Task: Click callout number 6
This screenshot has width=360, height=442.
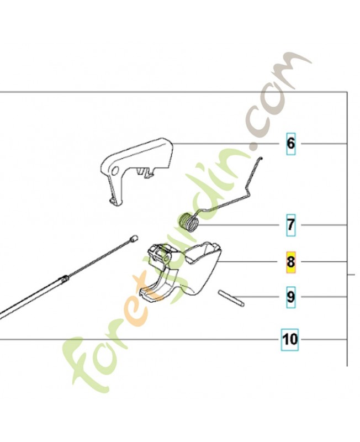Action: [x=290, y=144]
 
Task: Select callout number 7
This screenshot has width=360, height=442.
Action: [x=290, y=225]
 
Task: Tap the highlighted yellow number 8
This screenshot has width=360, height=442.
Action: [x=290, y=262]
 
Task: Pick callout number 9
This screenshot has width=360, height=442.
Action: [x=290, y=297]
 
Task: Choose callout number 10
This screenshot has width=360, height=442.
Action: [x=290, y=339]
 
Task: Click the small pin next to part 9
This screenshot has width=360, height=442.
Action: [x=231, y=298]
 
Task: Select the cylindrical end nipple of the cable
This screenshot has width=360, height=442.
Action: [x=134, y=238]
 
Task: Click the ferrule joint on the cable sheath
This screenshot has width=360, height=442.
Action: [x=64, y=278]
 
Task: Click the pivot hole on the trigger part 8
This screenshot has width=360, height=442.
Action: [x=167, y=258]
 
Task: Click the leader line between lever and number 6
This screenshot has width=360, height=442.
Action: [x=226, y=144]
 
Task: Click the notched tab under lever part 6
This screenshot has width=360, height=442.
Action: [x=146, y=172]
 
